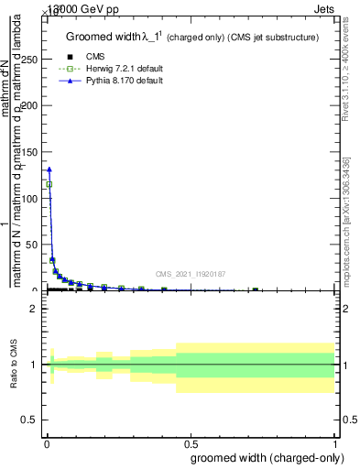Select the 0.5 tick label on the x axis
(190, 442)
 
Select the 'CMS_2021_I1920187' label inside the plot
(190, 274)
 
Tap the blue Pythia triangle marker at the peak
(49, 169)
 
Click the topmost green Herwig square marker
(49, 184)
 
